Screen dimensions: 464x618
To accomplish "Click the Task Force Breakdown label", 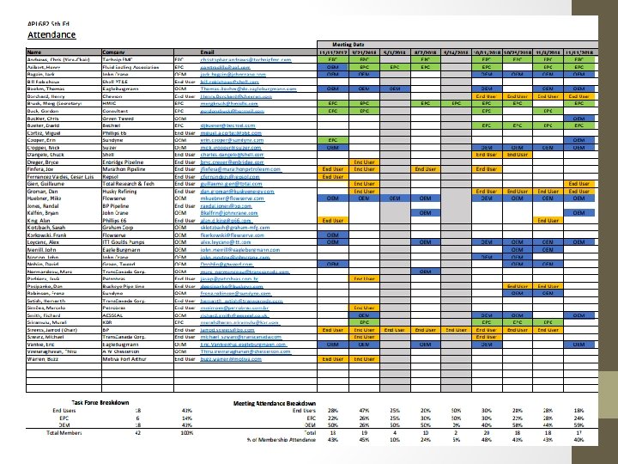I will [101, 403].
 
